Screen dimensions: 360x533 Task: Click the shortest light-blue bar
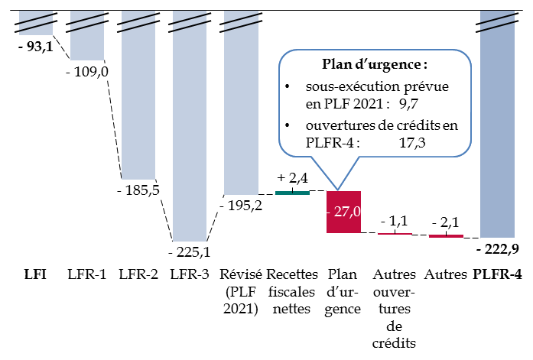35,23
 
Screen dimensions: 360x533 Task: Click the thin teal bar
292,193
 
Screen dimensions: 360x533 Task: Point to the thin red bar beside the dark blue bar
446,236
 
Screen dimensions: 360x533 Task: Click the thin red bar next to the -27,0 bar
395,233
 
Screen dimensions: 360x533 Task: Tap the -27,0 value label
343,212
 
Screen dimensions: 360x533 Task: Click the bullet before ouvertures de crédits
287,125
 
